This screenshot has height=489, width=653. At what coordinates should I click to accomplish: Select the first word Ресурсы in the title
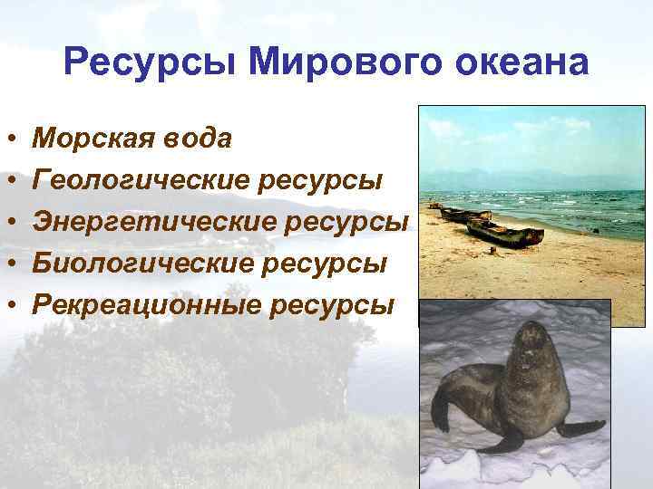click(151, 63)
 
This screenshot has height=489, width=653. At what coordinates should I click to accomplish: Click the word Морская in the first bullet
click(94, 139)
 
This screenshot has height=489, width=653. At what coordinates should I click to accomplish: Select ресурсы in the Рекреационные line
click(332, 305)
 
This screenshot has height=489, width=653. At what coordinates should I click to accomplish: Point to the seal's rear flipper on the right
click(580, 427)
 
